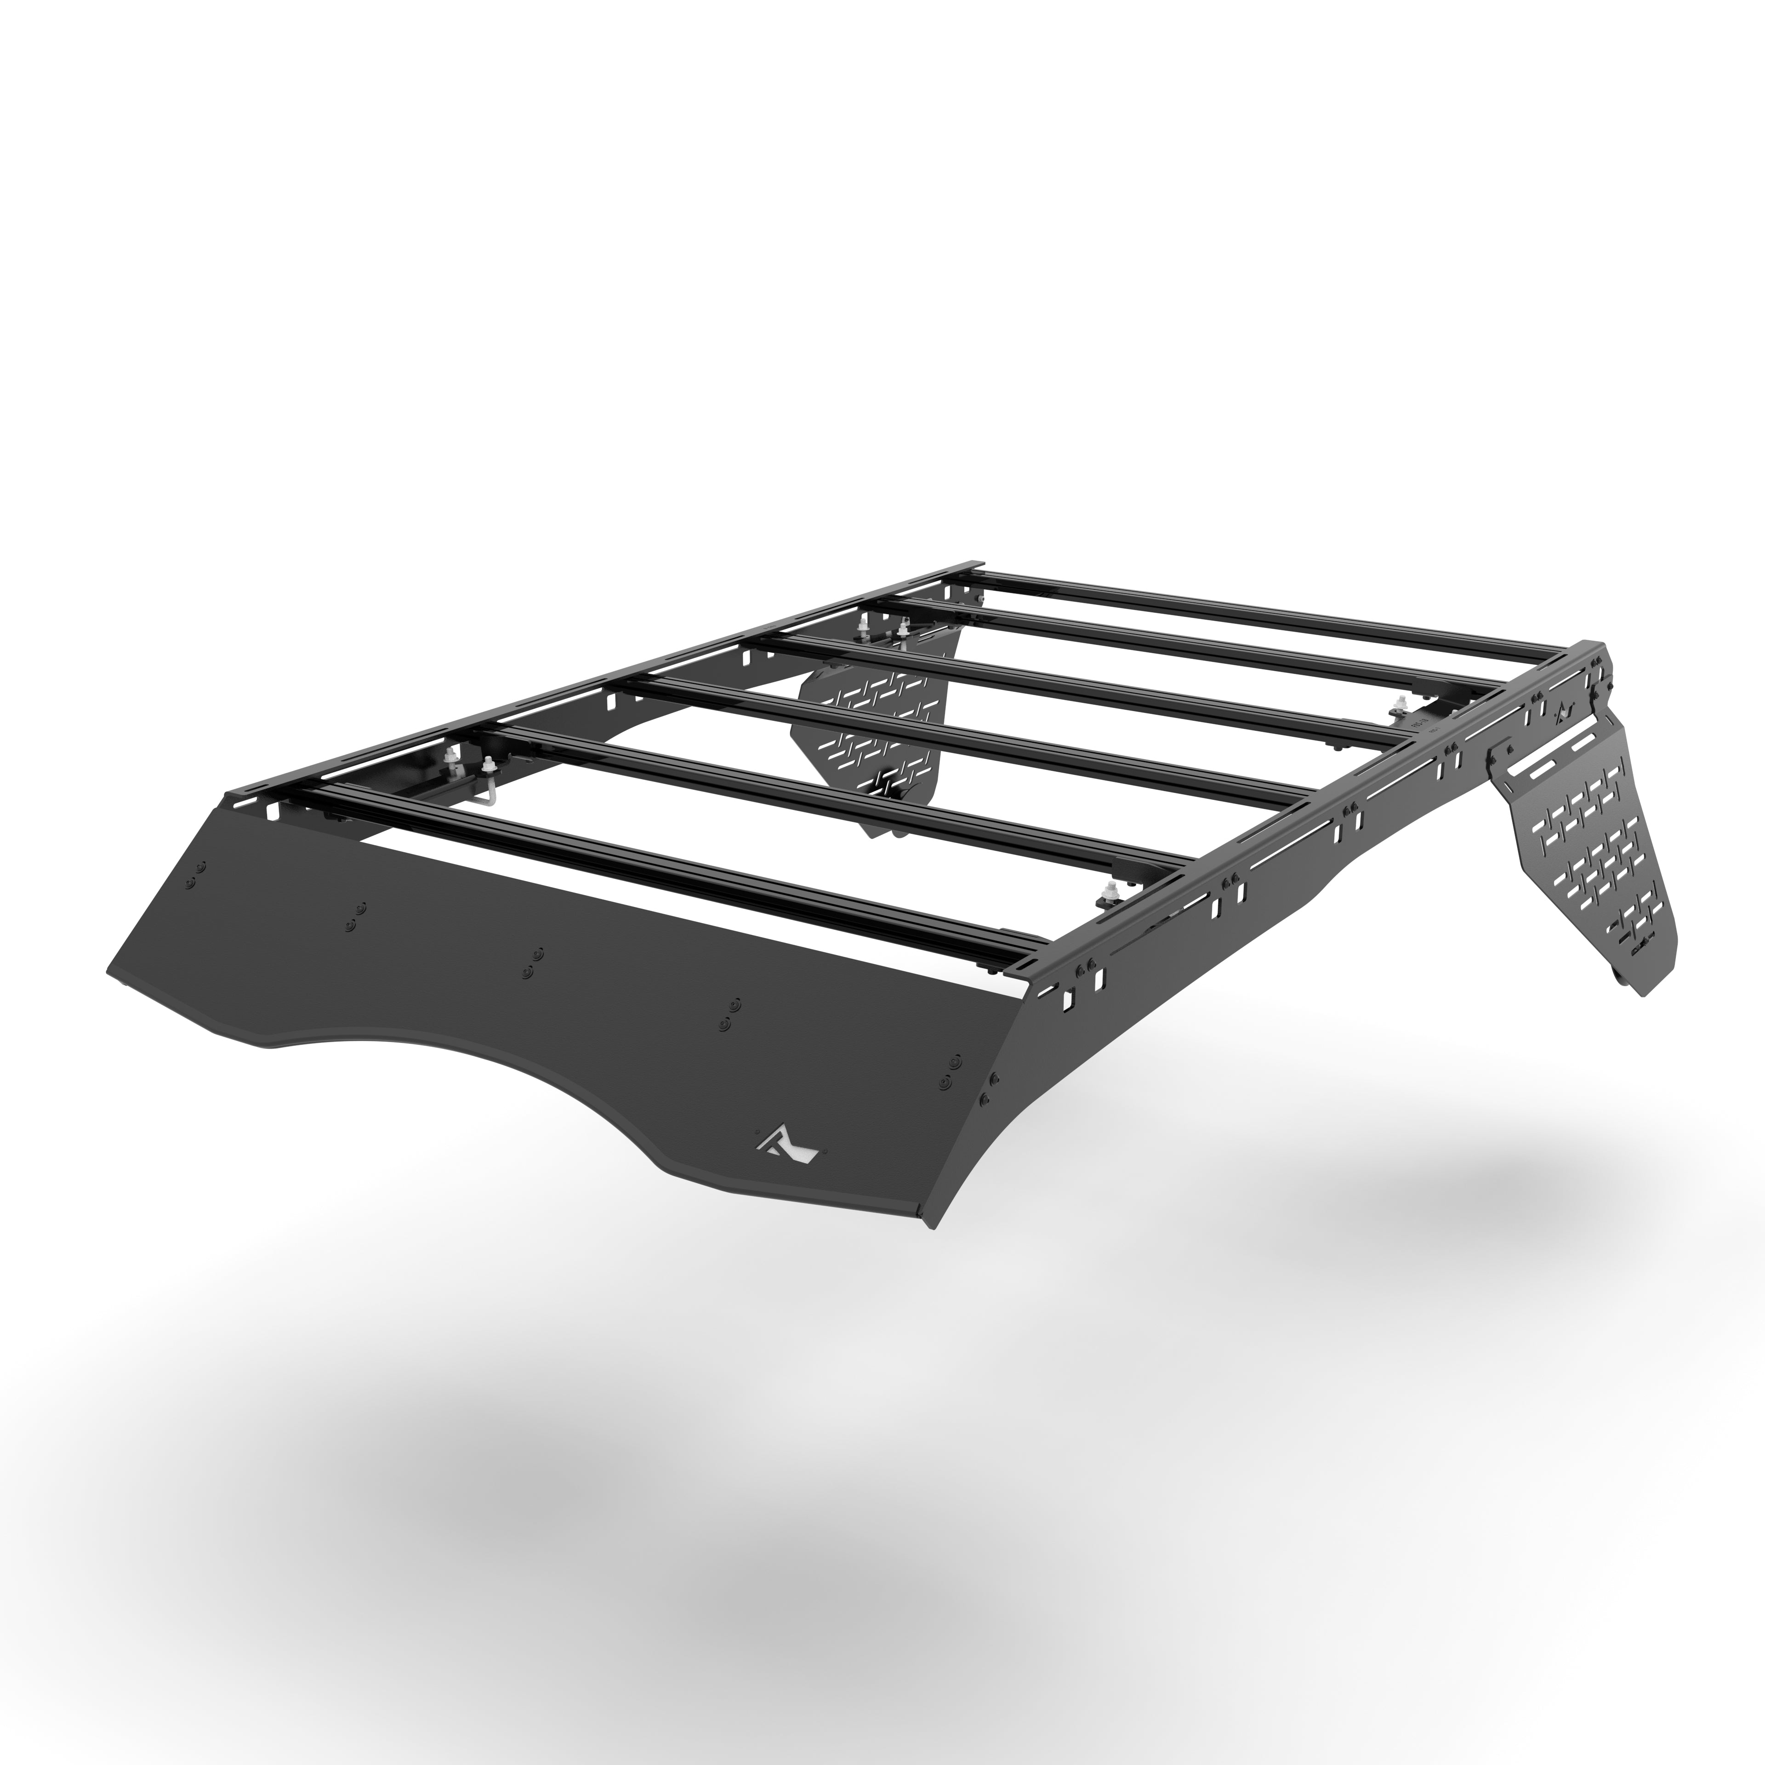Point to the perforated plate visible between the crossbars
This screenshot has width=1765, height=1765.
click(872, 731)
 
